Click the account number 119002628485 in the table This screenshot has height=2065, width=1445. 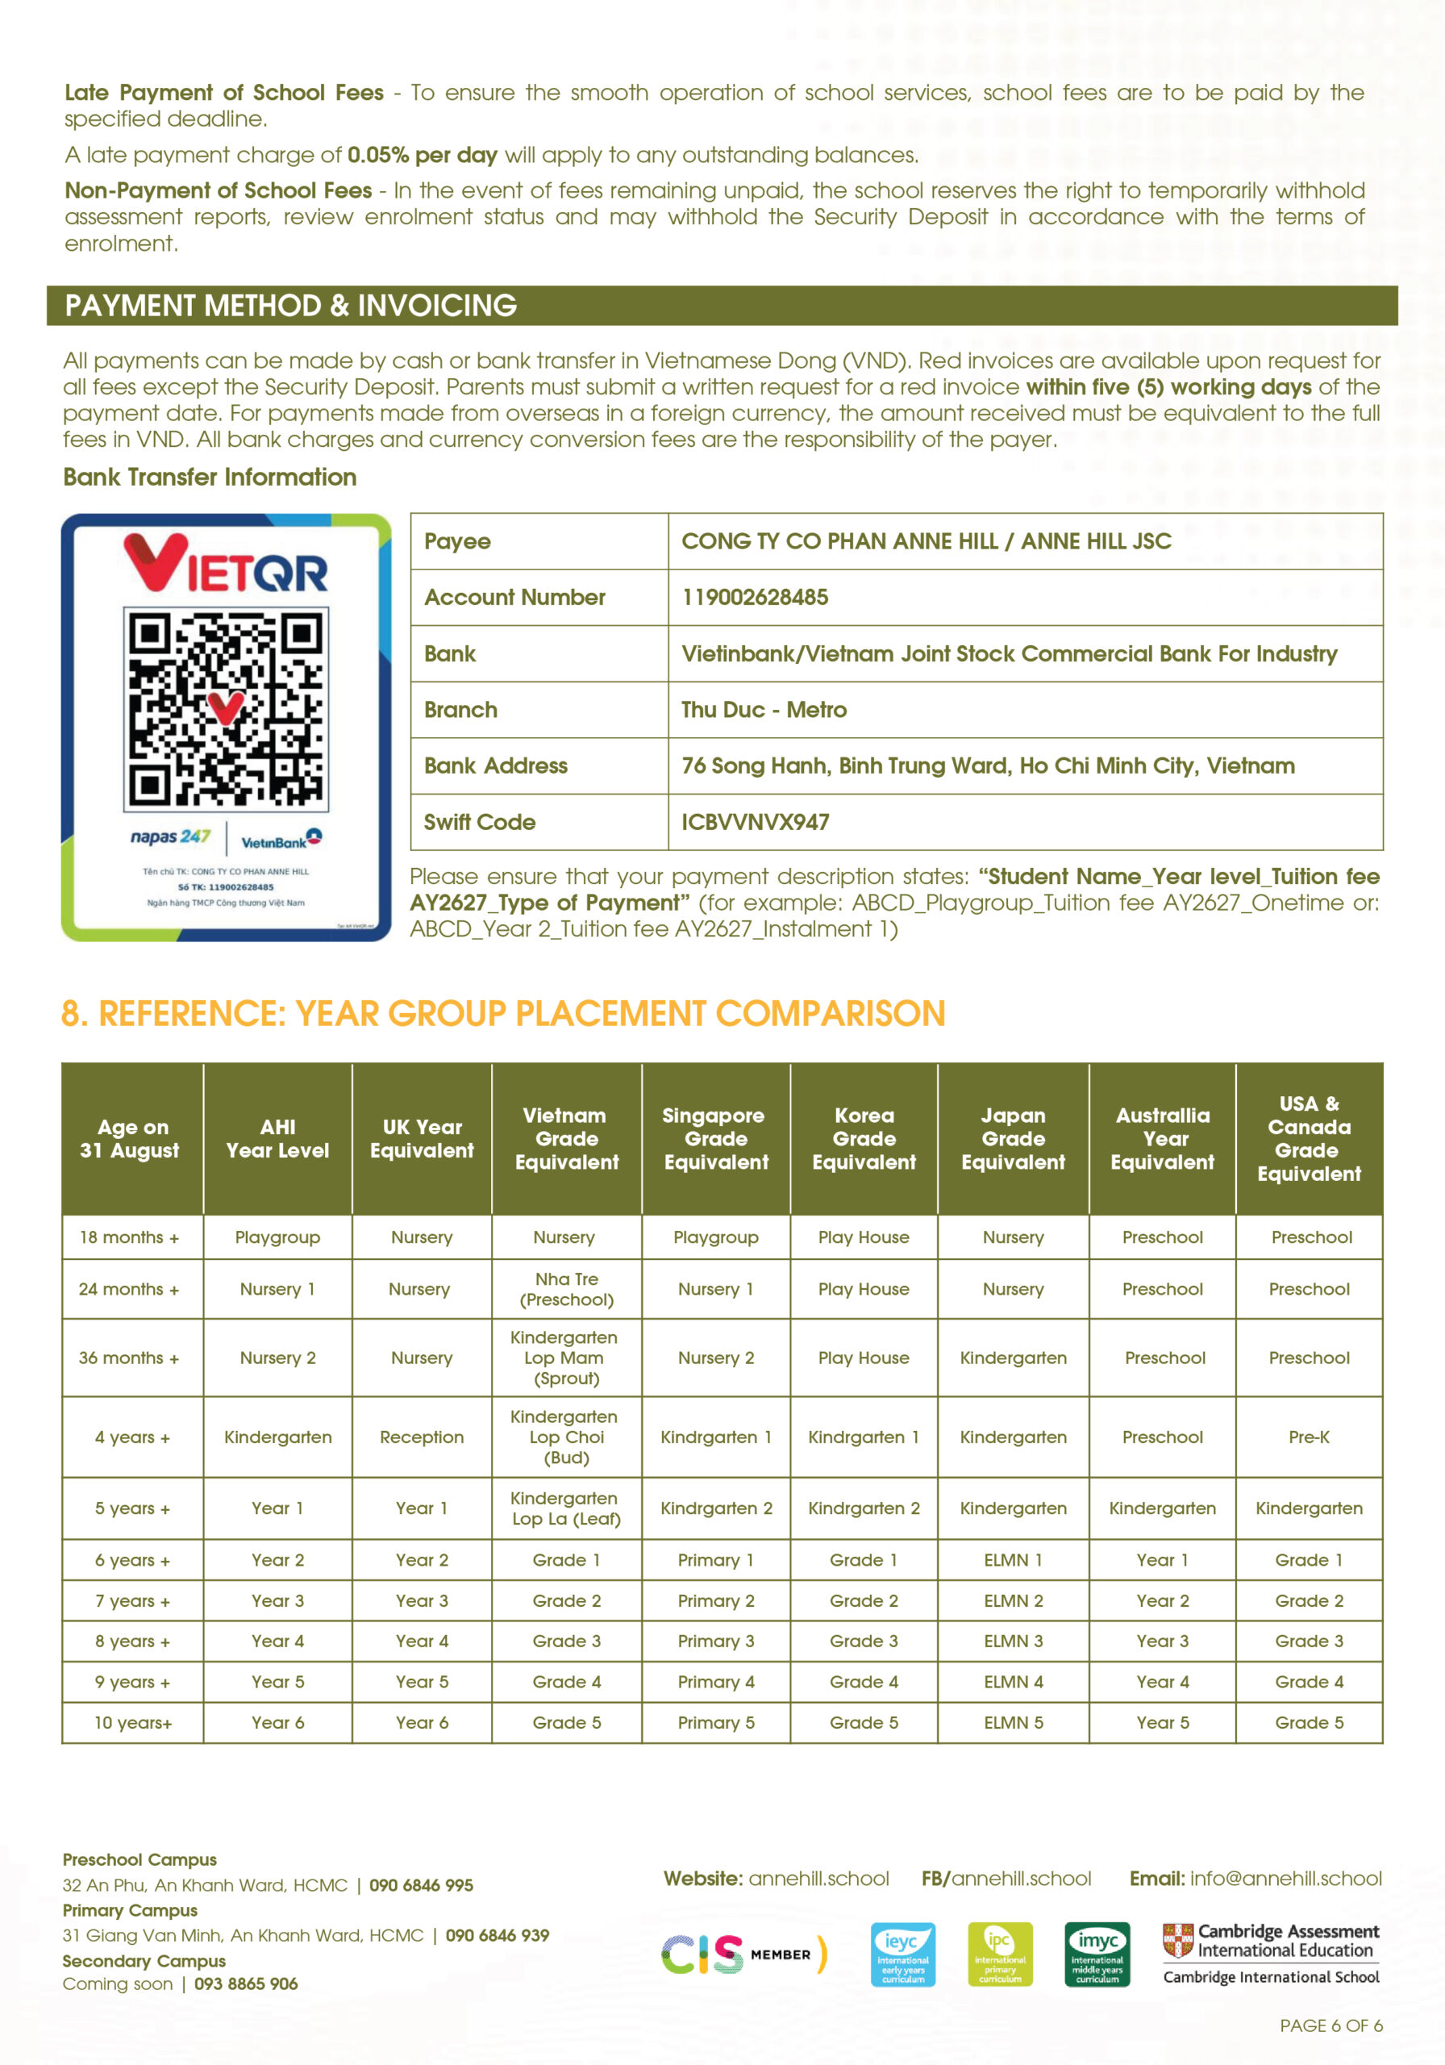point(755,597)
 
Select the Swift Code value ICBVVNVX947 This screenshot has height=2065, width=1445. point(755,822)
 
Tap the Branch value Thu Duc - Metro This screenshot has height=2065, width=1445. point(764,710)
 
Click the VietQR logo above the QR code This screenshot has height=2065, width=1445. point(226,564)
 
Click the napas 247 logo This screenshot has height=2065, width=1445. point(170,837)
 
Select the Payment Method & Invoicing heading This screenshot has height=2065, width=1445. point(290,306)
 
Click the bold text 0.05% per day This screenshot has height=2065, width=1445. point(422,156)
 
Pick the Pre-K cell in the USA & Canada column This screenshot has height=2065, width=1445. point(1309,1437)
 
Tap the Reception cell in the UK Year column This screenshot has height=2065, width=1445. point(422,1437)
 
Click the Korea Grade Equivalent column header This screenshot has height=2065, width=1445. point(864,1139)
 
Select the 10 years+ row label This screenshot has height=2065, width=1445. point(133,1722)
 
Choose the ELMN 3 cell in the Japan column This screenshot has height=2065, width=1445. point(1013,1641)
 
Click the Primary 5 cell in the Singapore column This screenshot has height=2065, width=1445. point(716,1722)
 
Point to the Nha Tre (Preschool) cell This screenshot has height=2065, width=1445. point(567,1289)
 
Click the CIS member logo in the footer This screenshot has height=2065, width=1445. point(743,1954)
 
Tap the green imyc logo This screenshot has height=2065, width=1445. point(1097,1954)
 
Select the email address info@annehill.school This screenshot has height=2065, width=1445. point(1286,1878)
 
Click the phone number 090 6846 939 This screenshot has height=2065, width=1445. point(498,1934)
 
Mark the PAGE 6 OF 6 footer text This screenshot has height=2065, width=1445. point(1330,2025)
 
